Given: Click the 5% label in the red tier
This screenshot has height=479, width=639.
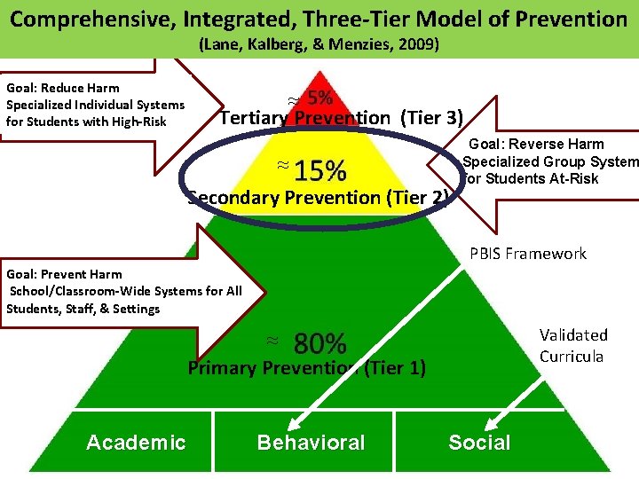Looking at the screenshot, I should (x=320, y=98).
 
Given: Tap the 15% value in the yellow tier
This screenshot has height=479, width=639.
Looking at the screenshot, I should (x=320, y=169).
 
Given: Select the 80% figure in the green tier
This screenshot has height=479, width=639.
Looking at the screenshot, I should (x=319, y=343).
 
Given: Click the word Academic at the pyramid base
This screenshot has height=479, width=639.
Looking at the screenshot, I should (x=136, y=443).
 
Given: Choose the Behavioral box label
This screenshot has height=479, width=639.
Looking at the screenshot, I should (x=311, y=443).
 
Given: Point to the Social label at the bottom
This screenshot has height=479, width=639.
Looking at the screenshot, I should (x=479, y=443).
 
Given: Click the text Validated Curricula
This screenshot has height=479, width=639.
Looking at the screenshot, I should (x=573, y=345).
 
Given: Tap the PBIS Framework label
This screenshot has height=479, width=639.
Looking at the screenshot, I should (x=527, y=254).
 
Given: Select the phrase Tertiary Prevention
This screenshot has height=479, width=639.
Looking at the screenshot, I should (x=304, y=118).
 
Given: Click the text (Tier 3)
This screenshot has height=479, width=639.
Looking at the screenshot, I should (x=431, y=118).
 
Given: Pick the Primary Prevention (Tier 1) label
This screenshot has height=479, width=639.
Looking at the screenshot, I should (x=306, y=367).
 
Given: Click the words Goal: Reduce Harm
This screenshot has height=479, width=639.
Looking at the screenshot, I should (x=63, y=88).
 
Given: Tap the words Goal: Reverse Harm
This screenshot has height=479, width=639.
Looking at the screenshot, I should (x=536, y=144).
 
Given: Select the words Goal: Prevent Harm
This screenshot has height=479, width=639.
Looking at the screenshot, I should (x=64, y=274).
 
